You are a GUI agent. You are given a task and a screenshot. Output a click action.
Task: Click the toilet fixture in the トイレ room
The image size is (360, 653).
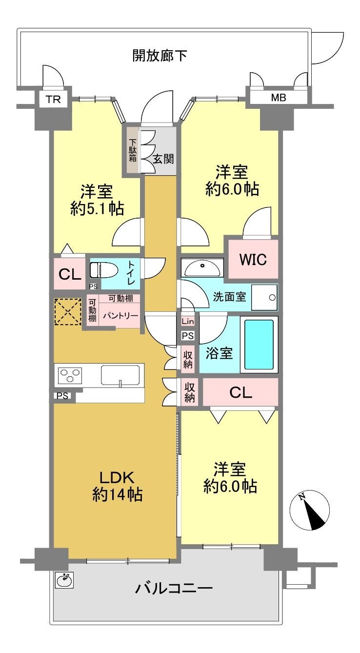pos(103,270)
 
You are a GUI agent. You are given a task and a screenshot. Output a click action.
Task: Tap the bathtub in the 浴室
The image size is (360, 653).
pos(259,345)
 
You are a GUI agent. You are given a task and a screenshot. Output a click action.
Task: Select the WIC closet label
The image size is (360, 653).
pos(253,259)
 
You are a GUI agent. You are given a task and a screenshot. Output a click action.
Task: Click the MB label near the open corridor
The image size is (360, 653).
pos(279,98)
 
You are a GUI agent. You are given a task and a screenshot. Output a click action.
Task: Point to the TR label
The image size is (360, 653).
pos(53,100)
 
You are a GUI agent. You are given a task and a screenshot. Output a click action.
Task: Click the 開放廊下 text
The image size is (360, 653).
pos(160,55)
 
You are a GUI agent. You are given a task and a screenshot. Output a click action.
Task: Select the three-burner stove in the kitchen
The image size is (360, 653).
pos(70,375)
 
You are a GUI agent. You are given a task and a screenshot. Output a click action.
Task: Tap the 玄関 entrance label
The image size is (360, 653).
pos(163,159)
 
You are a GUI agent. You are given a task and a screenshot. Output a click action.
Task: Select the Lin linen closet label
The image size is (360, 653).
pos(188,322)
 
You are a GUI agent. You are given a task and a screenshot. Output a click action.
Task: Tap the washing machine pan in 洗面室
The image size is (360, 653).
pos(264,297)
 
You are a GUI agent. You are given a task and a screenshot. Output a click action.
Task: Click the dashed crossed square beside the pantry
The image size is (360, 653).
pos(68,312)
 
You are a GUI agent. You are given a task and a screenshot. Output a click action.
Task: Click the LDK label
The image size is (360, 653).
pos(117,478)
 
